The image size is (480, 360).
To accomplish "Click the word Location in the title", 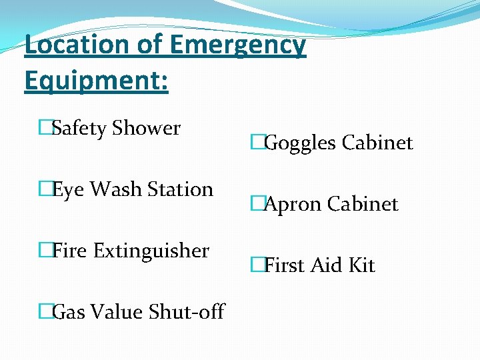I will pos(75,45).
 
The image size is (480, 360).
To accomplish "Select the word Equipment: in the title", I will pos(96,81).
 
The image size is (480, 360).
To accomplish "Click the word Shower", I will pos(146,127).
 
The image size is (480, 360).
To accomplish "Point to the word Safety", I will pos(79,129).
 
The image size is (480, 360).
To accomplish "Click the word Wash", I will pos(117,189).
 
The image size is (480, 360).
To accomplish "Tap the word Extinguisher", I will pos(151,251).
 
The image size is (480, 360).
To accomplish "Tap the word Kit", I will pos(362,265).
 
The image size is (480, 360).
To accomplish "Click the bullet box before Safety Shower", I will pos(45,127).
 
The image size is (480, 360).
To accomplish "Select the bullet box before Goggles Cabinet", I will pos(258,142).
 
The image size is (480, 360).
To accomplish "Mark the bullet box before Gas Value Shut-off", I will pos(45,311).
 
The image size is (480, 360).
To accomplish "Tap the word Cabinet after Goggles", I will pos(377,143).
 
